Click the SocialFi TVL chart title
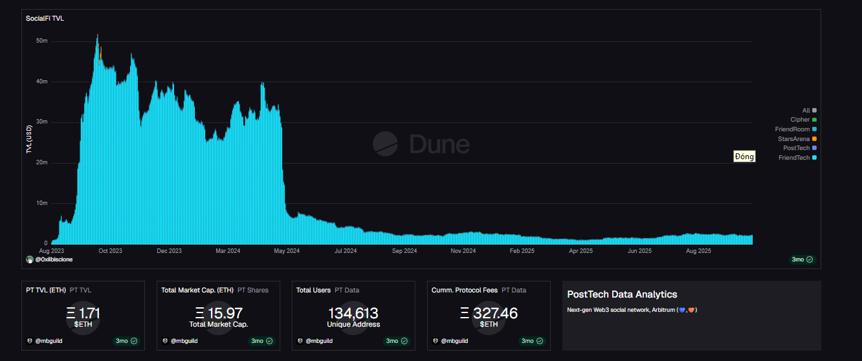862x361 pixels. coord(45,18)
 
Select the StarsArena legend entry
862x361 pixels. coord(793,138)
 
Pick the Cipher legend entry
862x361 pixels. coord(800,120)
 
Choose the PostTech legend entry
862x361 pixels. coord(796,148)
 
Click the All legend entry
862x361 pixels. coord(806,111)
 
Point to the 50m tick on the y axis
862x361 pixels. coord(42,41)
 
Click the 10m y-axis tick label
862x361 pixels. coord(42,203)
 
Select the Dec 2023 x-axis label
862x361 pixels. coord(170,250)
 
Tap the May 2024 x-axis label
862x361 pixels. coord(287,250)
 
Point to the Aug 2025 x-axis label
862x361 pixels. coord(698,250)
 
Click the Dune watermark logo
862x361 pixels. coord(421,143)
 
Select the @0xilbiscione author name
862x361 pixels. coord(54,259)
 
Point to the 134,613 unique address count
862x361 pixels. coord(353,314)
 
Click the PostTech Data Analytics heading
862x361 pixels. coord(622,294)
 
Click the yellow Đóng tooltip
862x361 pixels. coord(744,157)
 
